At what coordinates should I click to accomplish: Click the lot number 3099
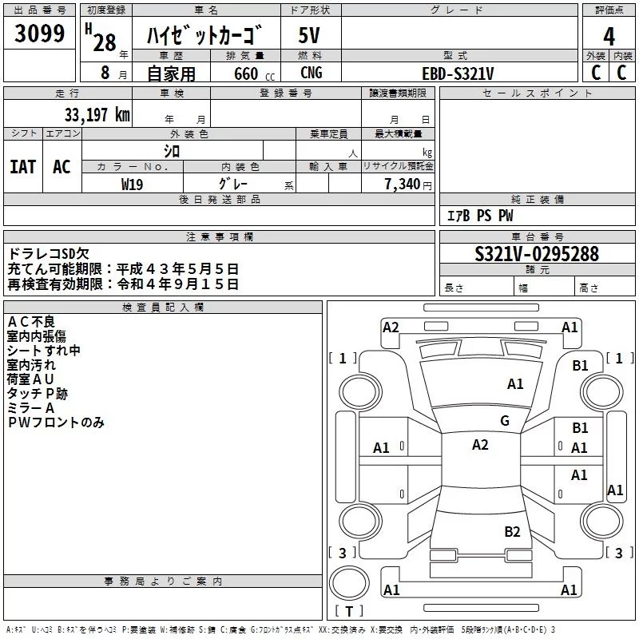coord(40,34)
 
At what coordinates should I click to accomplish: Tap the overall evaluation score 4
coord(609,37)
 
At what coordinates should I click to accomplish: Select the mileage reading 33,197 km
coord(97,115)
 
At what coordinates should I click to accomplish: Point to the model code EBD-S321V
coord(458,73)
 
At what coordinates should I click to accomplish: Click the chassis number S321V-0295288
coord(536,254)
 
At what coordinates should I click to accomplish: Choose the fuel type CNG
coord(312,73)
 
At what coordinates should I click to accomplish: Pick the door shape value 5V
coord(310,35)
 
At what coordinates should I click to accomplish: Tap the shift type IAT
coord(23,167)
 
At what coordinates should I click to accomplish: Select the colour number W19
coord(133,184)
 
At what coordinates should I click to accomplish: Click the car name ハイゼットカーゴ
coord(205,37)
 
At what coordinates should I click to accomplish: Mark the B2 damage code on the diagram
coord(512,532)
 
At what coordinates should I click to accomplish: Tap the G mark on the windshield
coord(505,421)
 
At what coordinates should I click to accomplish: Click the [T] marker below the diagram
coord(348,612)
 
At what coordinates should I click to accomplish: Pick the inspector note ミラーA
coord(31,408)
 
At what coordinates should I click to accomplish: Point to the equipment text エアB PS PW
coord(479,216)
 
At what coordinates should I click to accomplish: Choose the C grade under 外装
coord(595,72)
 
